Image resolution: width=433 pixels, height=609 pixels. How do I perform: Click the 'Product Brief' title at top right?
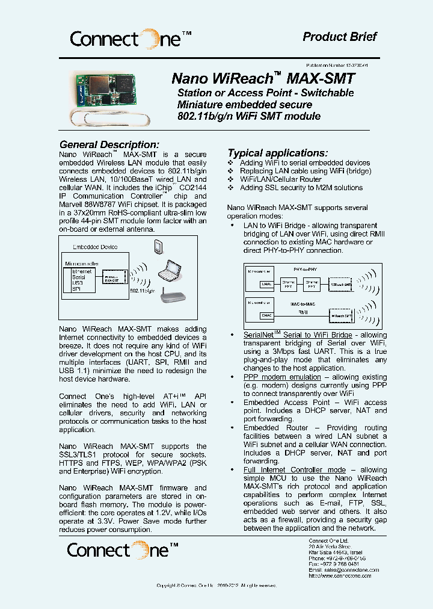pyautogui.click(x=339, y=37)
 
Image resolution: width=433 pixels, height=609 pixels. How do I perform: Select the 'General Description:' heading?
pyautogui.click(x=109, y=144)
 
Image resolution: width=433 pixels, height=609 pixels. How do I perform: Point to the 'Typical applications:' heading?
pyautogui.click(x=277, y=153)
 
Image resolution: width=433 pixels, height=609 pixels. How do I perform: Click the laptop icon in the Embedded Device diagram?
pyautogui.click(x=169, y=274)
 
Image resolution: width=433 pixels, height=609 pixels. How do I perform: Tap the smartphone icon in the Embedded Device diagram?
pyautogui.click(x=158, y=247)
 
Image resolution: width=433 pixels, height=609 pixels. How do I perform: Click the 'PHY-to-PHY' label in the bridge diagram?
pyautogui.click(x=305, y=269)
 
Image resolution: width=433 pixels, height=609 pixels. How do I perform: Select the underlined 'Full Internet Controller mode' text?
pyautogui.click(x=294, y=469)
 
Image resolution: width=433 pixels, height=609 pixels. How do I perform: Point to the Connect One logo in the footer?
pyautogui.click(x=123, y=550)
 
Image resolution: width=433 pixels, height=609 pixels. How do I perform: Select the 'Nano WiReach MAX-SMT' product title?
pyautogui.click(x=263, y=78)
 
